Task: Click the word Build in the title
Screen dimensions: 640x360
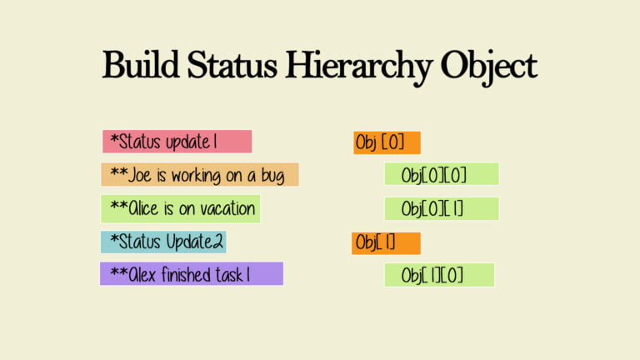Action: click(140, 64)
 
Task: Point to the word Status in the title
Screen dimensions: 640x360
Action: click(232, 64)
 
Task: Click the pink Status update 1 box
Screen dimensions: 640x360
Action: click(177, 142)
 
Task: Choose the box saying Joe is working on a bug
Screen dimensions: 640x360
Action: click(200, 175)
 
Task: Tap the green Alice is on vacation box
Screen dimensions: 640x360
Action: click(180, 208)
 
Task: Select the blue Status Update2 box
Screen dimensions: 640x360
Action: click(163, 242)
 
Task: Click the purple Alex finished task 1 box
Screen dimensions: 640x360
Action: click(192, 273)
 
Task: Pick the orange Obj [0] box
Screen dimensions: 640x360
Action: click(387, 142)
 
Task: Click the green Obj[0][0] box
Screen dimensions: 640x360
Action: click(442, 174)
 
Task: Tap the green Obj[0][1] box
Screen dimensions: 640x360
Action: click(442, 208)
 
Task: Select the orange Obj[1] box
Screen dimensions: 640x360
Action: click(386, 243)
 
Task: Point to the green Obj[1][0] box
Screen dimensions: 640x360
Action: click(439, 275)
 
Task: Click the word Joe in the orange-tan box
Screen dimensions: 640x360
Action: click(140, 175)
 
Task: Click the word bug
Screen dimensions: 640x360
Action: click(272, 177)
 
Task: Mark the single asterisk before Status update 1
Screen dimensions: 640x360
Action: click(114, 139)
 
